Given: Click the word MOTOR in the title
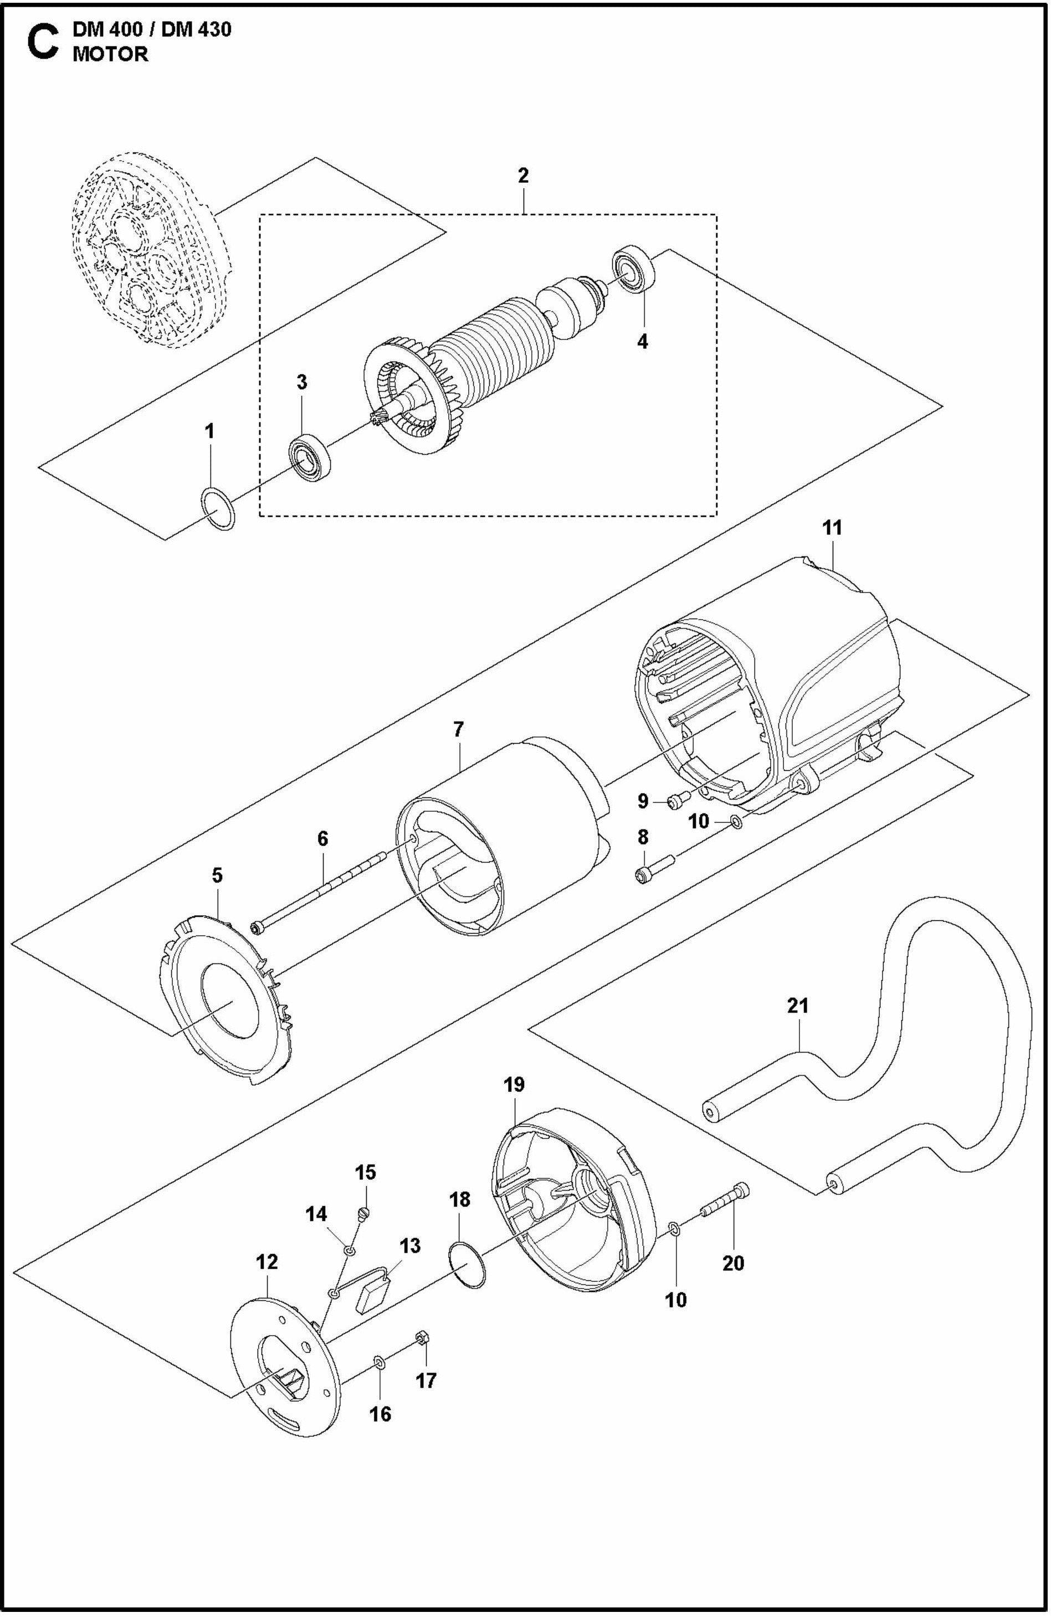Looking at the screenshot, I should (110, 54).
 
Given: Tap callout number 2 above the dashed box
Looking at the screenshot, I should (522, 176).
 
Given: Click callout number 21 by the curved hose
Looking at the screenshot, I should (798, 1005).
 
